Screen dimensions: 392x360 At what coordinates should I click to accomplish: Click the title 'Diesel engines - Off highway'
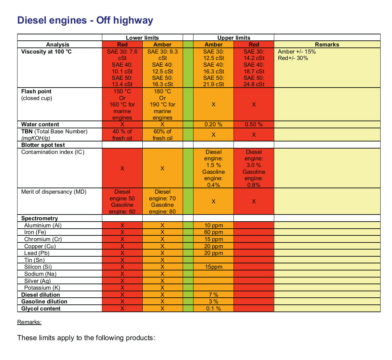click(85, 21)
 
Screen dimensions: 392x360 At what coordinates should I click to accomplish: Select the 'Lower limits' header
click(142, 38)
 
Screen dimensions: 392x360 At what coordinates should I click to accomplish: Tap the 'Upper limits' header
click(234, 38)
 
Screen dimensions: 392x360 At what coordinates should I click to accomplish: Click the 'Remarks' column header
click(327, 44)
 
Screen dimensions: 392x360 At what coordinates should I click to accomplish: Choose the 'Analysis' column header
click(58, 44)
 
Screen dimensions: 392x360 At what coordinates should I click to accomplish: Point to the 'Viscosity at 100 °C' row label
click(46, 52)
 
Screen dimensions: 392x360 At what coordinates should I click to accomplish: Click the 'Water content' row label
click(40, 124)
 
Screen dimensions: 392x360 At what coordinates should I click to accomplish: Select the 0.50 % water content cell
click(254, 124)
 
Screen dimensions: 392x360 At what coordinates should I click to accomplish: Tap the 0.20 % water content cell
click(213, 124)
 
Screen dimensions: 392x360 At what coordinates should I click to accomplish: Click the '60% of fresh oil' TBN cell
click(163, 135)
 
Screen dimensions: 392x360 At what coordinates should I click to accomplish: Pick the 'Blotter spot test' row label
click(43, 145)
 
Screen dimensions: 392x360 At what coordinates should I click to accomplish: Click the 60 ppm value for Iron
click(214, 232)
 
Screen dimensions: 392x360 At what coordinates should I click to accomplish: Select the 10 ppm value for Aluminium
click(214, 225)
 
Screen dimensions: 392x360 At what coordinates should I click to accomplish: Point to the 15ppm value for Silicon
click(214, 267)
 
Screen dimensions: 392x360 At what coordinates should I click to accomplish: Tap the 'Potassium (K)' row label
click(42, 288)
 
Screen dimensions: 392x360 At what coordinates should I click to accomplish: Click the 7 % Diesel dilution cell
click(214, 295)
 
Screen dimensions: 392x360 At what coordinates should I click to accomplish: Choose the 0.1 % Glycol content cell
click(214, 309)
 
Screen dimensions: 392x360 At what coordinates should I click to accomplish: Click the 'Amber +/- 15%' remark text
click(297, 52)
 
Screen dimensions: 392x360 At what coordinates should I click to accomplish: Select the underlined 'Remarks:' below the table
click(29, 322)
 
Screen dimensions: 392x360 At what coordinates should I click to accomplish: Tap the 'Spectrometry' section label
click(39, 219)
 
